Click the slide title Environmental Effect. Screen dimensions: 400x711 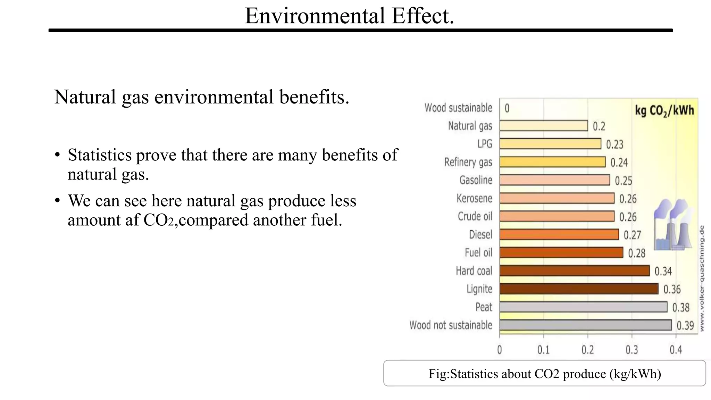pos(349,16)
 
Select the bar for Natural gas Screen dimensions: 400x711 pos(543,126)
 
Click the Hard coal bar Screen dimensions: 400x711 pos(574,271)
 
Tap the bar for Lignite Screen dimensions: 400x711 pos(579,289)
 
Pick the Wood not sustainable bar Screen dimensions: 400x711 pos(585,325)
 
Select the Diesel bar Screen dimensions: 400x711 pos(559,235)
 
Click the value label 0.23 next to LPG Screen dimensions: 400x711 pos(614,144)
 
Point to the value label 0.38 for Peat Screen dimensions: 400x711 pos(681,308)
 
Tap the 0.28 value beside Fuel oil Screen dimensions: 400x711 pos(637,253)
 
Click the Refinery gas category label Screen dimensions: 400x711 pos(468,162)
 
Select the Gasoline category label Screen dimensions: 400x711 pos(476,180)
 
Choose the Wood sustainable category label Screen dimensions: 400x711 pos(458,108)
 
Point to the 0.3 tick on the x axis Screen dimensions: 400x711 pos(631,350)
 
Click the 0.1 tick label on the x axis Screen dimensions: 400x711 pos(543,350)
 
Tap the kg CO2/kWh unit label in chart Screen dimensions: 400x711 pos(664,111)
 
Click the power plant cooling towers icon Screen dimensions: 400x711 pos(672,225)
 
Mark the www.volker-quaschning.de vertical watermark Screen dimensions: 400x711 pos(702,278)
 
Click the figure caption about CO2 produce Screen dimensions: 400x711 pos(544,374)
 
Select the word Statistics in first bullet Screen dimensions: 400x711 pos(100,155)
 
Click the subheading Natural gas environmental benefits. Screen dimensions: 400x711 pos(201,97)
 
